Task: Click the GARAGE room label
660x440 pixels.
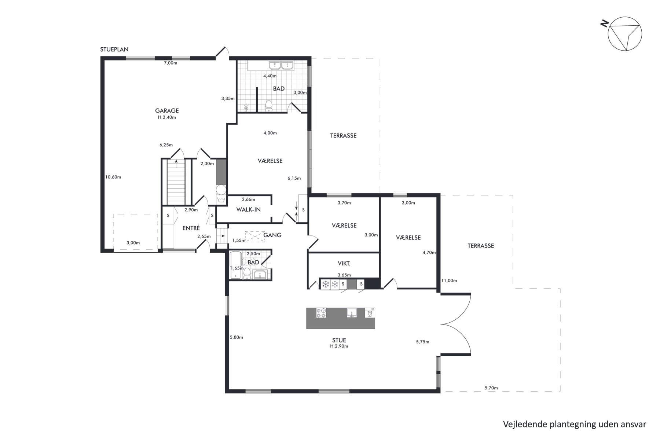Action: (x=167, y=110)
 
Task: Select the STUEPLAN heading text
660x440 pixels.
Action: (x=114, y=49)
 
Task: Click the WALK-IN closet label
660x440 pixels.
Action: (x=248, y=210)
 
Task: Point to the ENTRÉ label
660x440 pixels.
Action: (x=191, y=228)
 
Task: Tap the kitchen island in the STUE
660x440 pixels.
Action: (x=341, y=318)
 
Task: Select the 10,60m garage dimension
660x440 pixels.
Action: (x=113, y=177)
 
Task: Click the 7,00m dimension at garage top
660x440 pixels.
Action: (x=170, y=63)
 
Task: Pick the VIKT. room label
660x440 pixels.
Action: (x=344, y=263)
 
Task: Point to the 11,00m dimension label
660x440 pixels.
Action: (x=449, y=280)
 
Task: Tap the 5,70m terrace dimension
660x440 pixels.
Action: (x=491, y=388)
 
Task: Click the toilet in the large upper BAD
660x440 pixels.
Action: (x=269, y=106)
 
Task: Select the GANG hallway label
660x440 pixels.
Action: (x=272, y=235)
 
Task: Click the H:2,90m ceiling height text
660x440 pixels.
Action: (x=339, y=346)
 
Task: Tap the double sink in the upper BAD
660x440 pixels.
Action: (x=281, y=65)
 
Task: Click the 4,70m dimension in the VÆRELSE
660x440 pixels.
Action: (x=429, y=253)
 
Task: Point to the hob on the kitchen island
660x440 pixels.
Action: (x=321, y=313)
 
